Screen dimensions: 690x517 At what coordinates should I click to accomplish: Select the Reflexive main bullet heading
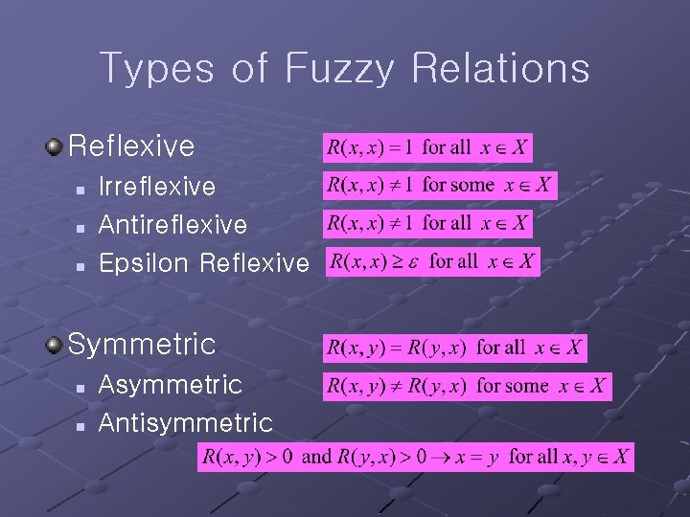pos(131,146)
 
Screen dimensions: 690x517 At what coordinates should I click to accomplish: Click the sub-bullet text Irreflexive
pos(157,187)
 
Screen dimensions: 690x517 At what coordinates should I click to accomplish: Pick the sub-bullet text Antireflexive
pos(172,225)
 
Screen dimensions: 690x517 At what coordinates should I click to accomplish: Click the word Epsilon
pos(145,263)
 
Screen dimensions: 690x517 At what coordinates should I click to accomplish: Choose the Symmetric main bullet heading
pos(142,343)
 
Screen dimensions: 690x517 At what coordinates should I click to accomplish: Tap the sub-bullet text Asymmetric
pos(171,384)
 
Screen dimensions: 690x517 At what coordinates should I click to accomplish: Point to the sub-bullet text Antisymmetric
pos(186,422)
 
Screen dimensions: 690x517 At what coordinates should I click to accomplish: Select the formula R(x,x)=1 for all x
pos(427,148)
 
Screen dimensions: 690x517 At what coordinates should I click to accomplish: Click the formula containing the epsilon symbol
pos(432,261)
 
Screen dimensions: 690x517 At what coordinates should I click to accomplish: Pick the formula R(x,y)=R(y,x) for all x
pos(454,348)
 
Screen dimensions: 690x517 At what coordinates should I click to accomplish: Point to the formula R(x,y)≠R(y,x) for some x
pos(467,387)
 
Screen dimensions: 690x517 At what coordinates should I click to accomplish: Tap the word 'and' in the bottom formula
pos(315,457)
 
